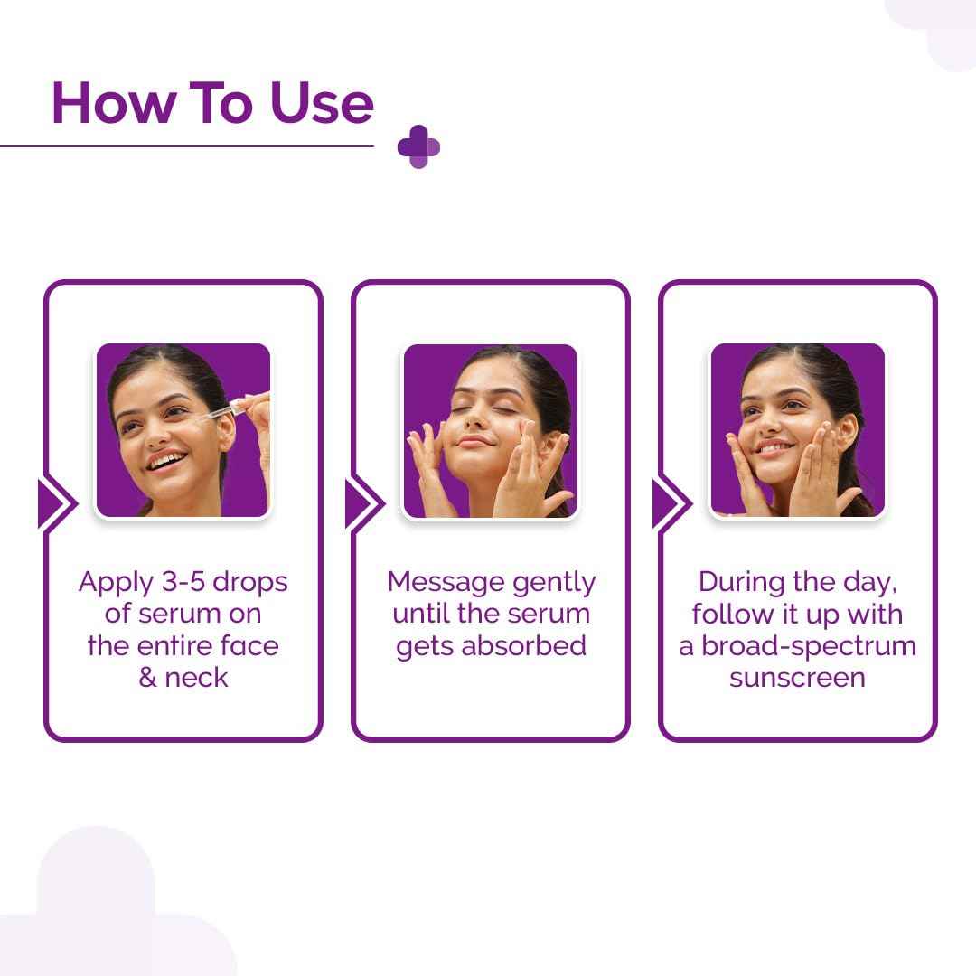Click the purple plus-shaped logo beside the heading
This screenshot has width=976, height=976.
click(x=418, y=146)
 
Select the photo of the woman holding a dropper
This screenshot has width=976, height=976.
click(x=183, y=430)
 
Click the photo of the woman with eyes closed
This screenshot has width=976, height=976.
click(x=490, y=430)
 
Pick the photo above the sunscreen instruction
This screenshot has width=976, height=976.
click(x=797, y=430)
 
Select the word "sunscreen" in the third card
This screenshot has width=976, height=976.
click(x=797, y=678)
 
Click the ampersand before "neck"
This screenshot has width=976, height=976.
click(x=148, y=678)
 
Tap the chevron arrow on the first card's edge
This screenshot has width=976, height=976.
click(x=54, y=503)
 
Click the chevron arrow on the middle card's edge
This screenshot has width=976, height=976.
click(x=362, y=503)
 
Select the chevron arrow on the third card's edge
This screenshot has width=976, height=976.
click(x=670, y=503)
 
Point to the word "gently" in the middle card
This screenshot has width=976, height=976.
click(x=553, y=583)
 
